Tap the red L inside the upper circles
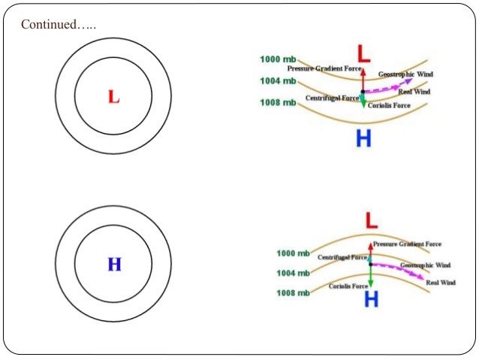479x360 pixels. pyautogui.click(x=113, y=96)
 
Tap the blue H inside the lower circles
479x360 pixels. pyautogui.click(x=114, y=264)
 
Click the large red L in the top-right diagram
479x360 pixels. pyautogui.click(x=363, y=53)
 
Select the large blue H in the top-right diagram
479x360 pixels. pyautogui.click(x=364, y=138)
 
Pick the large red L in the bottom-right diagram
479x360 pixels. pyautogui.click(x=371, y=220)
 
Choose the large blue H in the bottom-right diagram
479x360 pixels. pyautogui.click(x=371, y=299)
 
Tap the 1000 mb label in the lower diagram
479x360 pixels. pyautogui.click(x=294, y=253)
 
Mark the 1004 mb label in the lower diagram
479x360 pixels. pyautogui.click(x=294, y=273)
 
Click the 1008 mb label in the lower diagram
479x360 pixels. pyautogui.click(x=294, y=292)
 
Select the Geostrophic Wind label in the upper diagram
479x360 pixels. pyautogui.click(x=405, y=74)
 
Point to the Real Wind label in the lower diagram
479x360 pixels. pyautogui.click(x=441, y=283)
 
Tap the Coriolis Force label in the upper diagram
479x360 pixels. pyautogui.click(x=390, y=106)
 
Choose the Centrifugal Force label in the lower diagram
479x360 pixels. pyautogui.click(x=342, y=257)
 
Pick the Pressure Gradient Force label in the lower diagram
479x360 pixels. pyautogui.click(x=407, y=244)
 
